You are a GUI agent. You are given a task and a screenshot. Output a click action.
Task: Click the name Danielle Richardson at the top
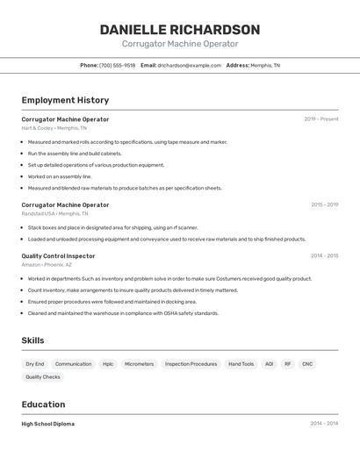coord(179,29)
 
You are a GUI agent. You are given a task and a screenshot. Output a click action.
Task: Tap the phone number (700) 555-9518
coord(117,66)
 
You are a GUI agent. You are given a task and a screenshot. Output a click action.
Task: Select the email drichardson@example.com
coord(189,66)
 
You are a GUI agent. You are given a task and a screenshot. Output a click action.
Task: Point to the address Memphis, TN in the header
coord(265,66)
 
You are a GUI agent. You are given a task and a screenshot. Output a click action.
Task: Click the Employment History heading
coord(65,101)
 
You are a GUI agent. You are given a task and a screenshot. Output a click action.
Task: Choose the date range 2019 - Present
coord(321,119)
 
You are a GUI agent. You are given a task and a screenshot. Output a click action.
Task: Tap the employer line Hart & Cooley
coord(54,128)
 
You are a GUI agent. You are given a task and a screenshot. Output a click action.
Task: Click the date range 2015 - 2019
coord(324,205)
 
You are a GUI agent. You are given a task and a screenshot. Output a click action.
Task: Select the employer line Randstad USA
coord(55,214)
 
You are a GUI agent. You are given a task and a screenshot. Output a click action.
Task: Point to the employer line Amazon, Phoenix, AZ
coord(47,265)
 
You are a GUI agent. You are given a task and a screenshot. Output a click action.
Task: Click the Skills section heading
coord(32,340)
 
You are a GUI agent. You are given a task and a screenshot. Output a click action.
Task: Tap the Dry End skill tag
coord(34,364)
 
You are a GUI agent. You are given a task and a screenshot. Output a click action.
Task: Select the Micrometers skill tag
coord(139,364)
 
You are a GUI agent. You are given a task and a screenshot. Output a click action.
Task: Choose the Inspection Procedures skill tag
coord(191,364)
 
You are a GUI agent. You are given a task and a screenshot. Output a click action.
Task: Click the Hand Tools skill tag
coord(241,364)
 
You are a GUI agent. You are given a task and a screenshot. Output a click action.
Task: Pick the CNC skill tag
coord(307,364)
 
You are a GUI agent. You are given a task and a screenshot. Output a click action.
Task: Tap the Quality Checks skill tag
coord(43,377)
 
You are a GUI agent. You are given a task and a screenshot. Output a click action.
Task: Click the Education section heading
coord(43,404)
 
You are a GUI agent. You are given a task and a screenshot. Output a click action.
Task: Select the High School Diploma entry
coord(48,424)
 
